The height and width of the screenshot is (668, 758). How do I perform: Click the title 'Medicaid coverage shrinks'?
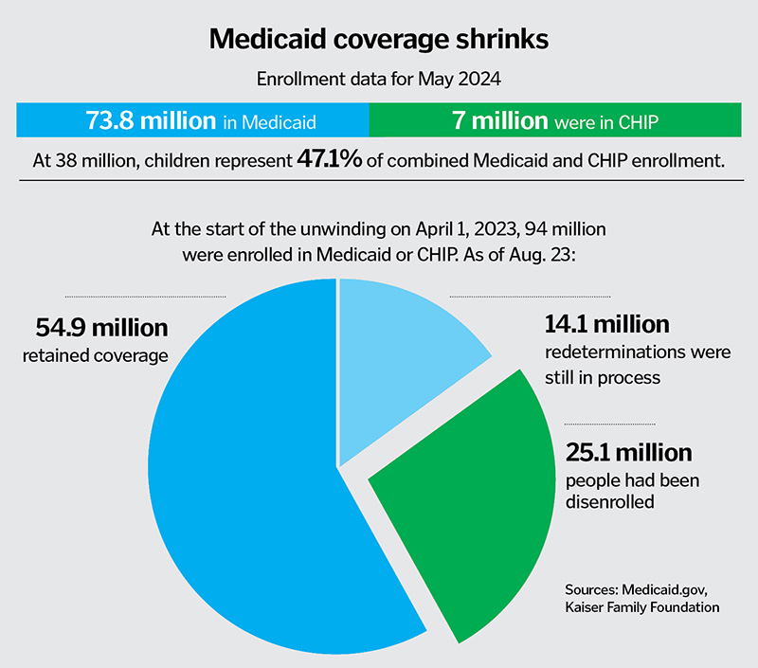point(378,39)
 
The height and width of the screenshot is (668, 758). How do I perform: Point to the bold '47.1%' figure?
point(330,159)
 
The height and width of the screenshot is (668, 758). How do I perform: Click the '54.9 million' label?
point(101,328)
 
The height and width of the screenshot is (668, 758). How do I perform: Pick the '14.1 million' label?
point(606,325)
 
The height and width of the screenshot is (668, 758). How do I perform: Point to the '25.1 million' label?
point(628,452)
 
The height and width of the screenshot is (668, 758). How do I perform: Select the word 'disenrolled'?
point(609,501)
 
